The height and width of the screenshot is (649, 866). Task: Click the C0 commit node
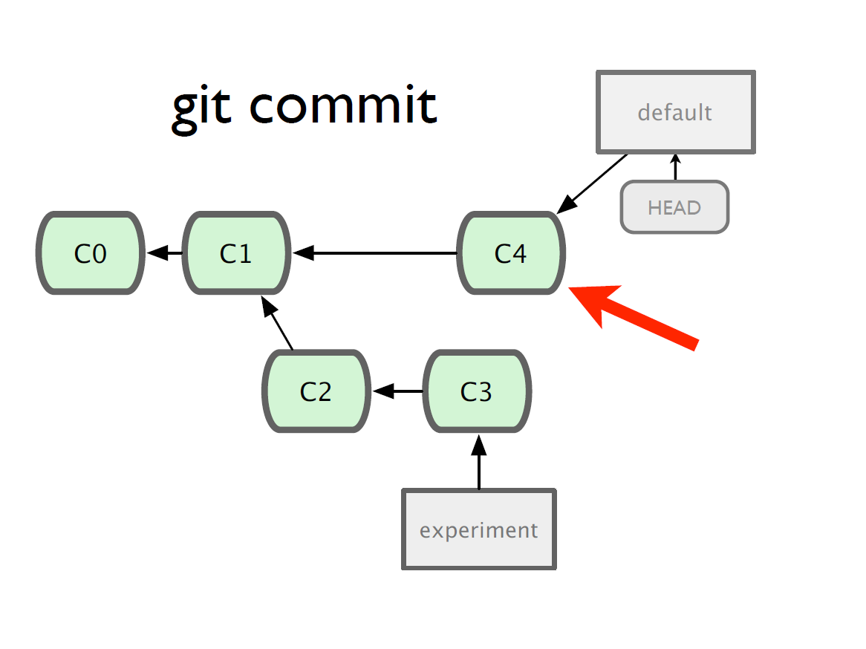(91, 253)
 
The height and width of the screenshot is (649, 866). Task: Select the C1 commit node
(236, 253)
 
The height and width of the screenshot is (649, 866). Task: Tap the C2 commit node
(316, 391)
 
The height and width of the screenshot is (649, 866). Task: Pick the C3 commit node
(477, 391)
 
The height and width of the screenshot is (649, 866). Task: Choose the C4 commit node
(511, 253)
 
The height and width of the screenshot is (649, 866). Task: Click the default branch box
(675, 112)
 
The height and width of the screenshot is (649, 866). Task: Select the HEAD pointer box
(674, 207)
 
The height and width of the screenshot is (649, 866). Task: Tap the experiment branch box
(479, 529)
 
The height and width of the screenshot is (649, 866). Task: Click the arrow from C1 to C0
(164, 253)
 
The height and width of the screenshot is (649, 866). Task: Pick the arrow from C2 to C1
(277, 322)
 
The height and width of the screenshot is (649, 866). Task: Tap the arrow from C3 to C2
(397, 391)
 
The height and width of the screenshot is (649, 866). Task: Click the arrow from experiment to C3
(479, 462)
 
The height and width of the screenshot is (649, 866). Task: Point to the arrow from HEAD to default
(675, 167)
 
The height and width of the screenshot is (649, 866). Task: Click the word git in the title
(201, 108)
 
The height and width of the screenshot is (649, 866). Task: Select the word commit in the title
(344, 104)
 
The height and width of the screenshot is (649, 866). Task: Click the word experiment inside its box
(479, 530)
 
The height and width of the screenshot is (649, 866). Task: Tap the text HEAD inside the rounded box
(674, 208)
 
